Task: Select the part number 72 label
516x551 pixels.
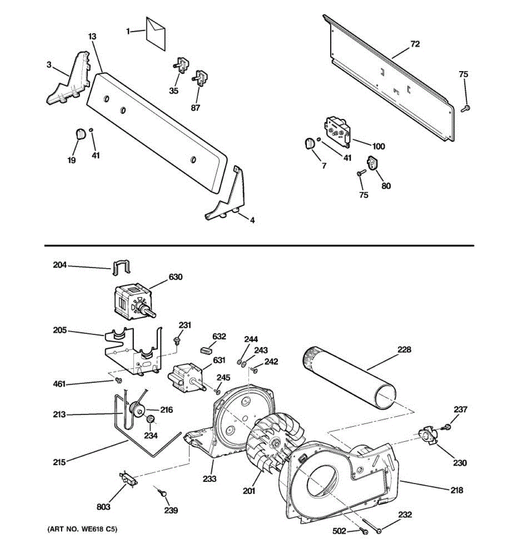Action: click(x=415, y=44)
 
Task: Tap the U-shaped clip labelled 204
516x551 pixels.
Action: click(x=121, y=267)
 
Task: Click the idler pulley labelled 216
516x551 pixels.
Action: click(x=137, y=412)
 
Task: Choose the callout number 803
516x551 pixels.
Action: click(x=103, y=507)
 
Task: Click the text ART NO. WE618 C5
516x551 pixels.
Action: click(x=83, y=529)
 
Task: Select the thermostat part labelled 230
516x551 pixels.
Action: click(x=428, y=435)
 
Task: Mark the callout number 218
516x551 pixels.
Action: click(x=456, y=490)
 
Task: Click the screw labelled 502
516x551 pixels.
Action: click(x=364, y=532)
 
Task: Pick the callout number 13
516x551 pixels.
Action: click(x=92, y=36)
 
